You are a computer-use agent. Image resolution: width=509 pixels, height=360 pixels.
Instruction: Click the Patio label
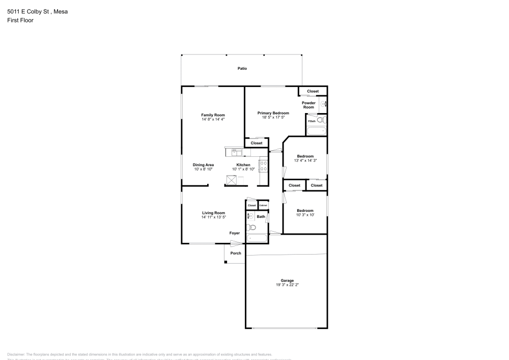[242, 68]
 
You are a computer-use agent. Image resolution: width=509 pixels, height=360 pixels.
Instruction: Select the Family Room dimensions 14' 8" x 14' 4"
[213, 119]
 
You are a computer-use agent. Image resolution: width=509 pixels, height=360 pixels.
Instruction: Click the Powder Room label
[308, 105]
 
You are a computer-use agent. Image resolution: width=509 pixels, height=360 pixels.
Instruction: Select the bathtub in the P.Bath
[316, 131]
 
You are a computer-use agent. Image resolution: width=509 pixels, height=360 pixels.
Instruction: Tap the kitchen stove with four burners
[264, 166]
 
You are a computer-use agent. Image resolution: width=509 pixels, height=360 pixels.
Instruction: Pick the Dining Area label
[203, 165]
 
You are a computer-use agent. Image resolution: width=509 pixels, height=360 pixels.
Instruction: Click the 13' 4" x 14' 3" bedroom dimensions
[305, 160]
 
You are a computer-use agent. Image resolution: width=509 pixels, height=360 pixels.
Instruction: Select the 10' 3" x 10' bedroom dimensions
[305, 215]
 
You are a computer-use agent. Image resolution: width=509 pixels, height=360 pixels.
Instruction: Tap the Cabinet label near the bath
[263, 205]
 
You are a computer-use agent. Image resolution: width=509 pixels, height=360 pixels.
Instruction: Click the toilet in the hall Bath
[250, 227]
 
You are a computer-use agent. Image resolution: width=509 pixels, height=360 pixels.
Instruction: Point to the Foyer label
[234, 233]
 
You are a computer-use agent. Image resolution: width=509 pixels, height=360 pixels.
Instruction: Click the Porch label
[236, 253]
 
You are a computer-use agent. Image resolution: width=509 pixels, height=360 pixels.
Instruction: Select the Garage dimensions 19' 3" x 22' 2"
[287, 285]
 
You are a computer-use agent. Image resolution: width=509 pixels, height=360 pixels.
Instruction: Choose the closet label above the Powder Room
[313, 91]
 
